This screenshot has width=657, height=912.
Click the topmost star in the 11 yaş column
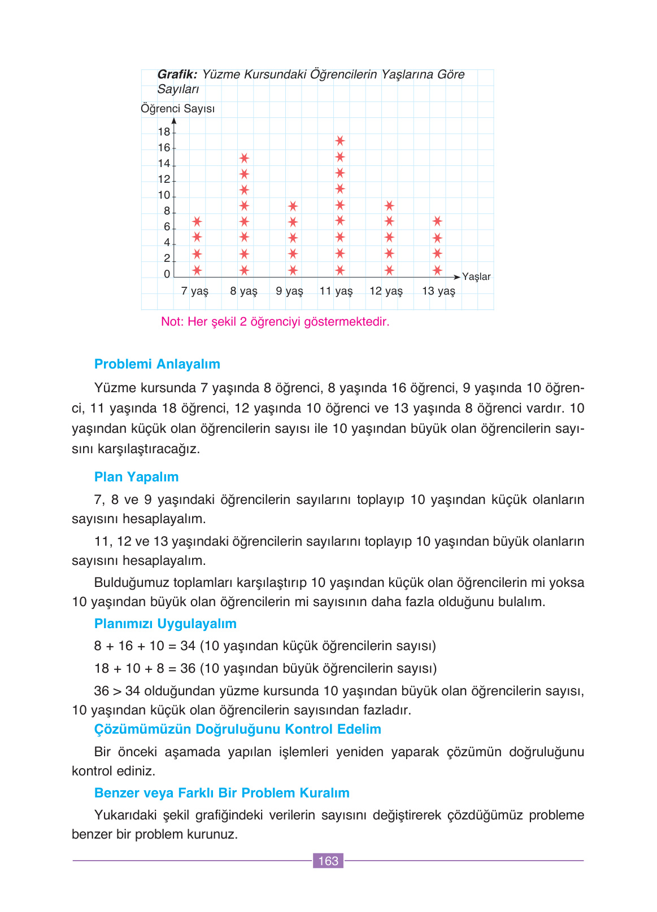click(340, 141)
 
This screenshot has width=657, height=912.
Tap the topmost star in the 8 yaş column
click(244, 158)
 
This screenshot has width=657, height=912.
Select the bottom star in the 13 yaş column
click(437, 270)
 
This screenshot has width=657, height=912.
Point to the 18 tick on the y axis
click(164, 132)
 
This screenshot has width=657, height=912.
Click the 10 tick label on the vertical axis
click(164, 195)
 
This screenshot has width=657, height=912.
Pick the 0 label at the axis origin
click(167, 274)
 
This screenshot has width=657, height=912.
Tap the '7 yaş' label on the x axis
click(195, 291)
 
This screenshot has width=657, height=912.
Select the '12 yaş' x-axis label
click(386, 291)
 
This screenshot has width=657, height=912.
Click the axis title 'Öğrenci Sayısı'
click(177, 109)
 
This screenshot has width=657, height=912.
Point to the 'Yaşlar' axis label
click(476, 277)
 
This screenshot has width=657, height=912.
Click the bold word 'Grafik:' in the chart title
click(177, 74)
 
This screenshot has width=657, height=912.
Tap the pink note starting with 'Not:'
click(275, 322)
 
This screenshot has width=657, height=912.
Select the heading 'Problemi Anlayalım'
click(157, 364)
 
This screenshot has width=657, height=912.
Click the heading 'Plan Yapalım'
click(136, 477)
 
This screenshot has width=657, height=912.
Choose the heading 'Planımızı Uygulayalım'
click(165, 624)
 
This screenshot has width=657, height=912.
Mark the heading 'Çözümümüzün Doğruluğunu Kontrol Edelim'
click(237, 729)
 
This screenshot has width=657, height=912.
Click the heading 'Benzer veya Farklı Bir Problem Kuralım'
click(221, 793)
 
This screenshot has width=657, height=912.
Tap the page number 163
click(328, 861)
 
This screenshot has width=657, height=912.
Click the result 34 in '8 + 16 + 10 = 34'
click(188, 646)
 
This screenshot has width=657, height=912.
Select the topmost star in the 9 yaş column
click(293, 206)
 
